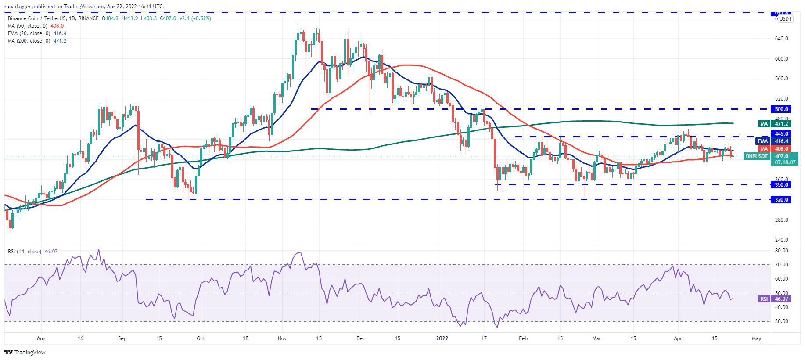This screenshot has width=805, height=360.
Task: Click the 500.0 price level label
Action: point(781,109)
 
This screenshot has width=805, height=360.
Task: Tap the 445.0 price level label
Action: point(781,133)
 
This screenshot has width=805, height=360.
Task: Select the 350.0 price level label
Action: point(781,185)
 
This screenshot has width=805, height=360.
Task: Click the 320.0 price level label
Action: point(781,200)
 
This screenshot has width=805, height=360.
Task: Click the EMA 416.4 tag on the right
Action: point(774,141)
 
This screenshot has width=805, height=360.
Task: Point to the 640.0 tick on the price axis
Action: point(781,39)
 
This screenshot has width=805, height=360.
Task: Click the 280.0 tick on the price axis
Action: point(781,220)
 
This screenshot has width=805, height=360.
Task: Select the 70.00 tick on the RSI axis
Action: point(781,265)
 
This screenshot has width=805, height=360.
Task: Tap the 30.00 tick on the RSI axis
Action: point(781,321)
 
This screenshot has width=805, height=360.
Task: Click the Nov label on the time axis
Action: point(282,338)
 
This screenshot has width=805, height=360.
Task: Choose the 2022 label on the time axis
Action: point(442,338)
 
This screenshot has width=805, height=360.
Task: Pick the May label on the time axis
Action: point(756,338)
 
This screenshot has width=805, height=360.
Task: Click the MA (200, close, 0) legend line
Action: point(37,41)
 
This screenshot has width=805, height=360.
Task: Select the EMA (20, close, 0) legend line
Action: point(37,33)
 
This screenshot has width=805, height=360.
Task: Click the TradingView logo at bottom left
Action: point(25,352)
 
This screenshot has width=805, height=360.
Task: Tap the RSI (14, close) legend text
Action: point(25,252)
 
